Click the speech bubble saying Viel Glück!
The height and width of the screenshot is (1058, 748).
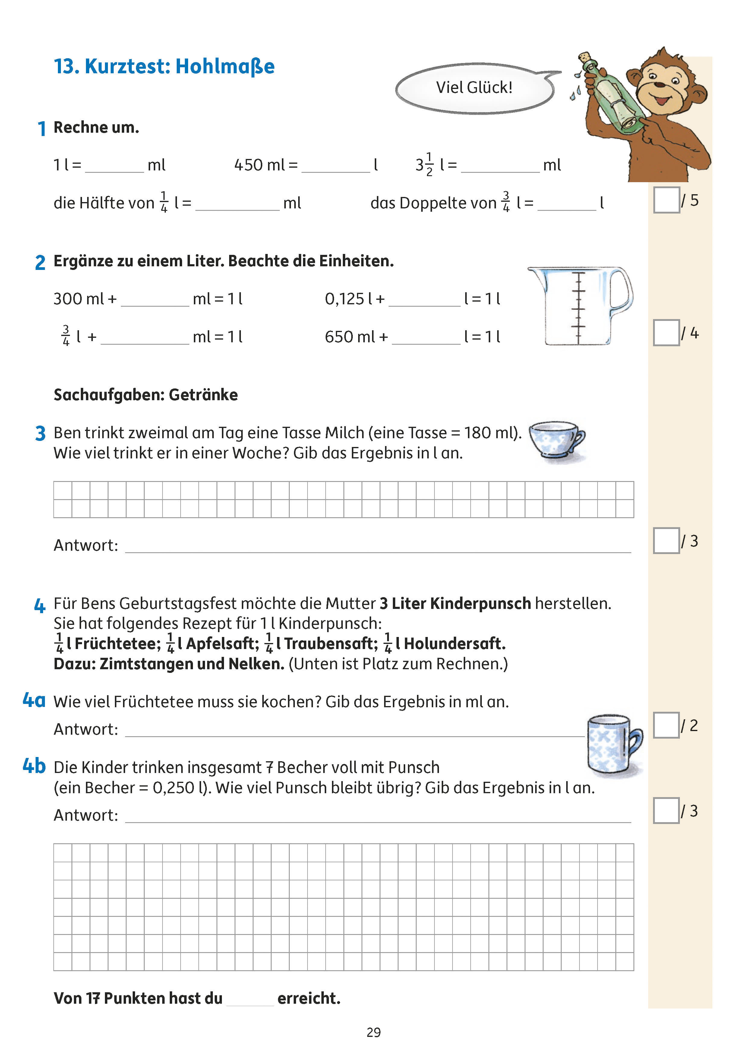475,87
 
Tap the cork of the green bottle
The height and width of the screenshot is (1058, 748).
585,58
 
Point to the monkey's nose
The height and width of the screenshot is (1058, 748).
660,85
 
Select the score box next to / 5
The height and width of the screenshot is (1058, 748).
666,200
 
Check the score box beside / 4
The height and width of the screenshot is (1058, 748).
666,333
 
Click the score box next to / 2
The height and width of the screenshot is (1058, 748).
666,725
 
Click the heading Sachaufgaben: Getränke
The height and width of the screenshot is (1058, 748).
146,395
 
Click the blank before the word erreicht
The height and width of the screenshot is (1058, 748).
250,999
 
